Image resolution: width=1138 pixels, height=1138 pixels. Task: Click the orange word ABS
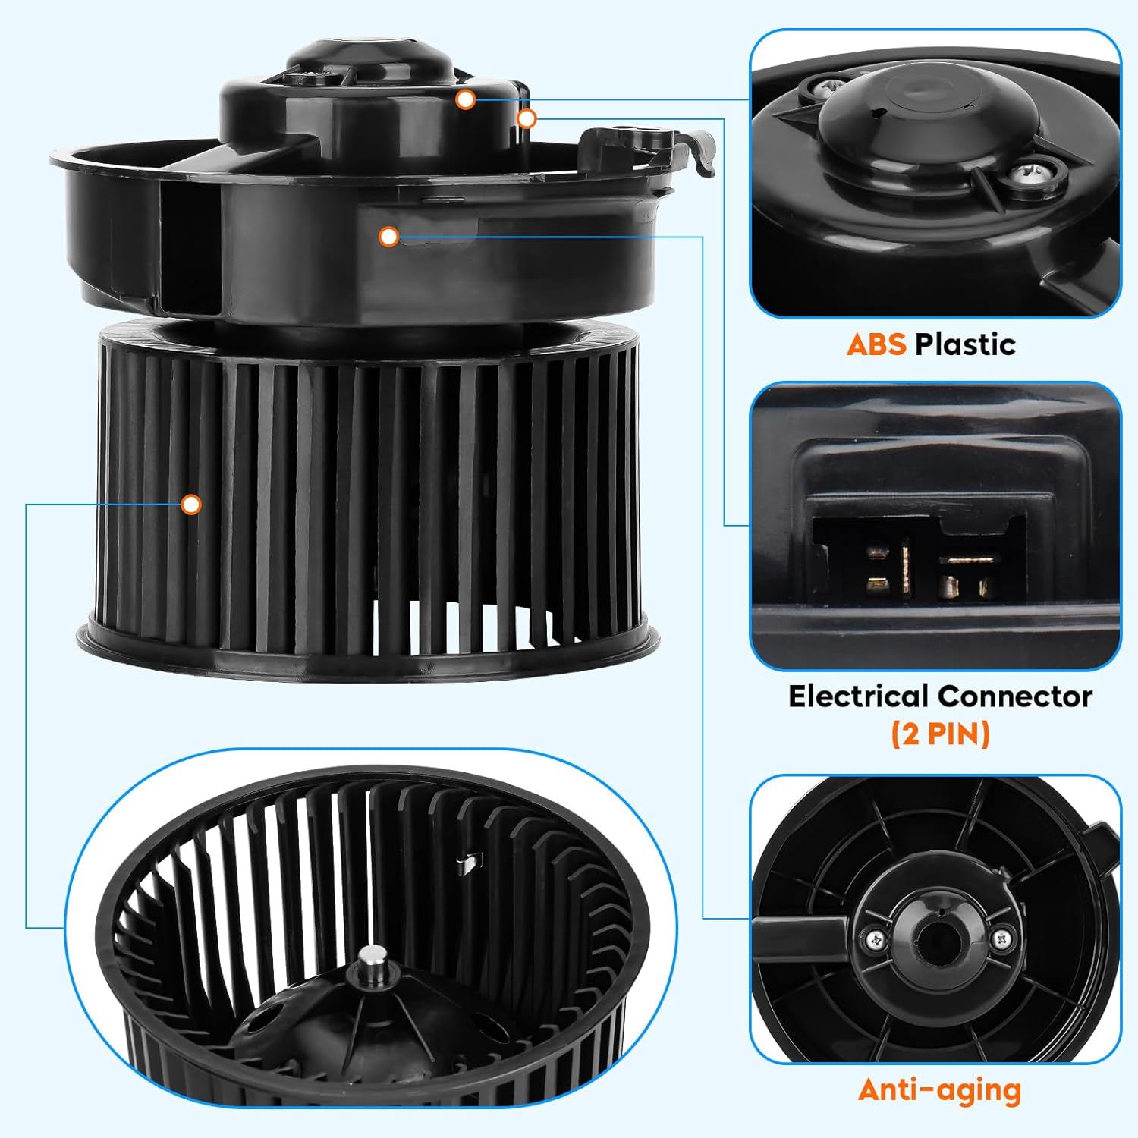876,344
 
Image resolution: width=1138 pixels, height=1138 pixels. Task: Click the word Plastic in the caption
965,344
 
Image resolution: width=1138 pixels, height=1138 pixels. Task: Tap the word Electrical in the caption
859,696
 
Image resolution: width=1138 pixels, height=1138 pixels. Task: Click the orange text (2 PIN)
941,734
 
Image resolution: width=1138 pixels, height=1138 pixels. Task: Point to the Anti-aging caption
940,1090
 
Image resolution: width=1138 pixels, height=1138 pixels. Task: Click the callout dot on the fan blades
191,504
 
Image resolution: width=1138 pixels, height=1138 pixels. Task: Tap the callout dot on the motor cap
466,99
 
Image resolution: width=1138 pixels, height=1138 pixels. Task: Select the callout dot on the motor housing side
389,237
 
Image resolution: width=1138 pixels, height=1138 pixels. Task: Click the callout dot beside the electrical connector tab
527,118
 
